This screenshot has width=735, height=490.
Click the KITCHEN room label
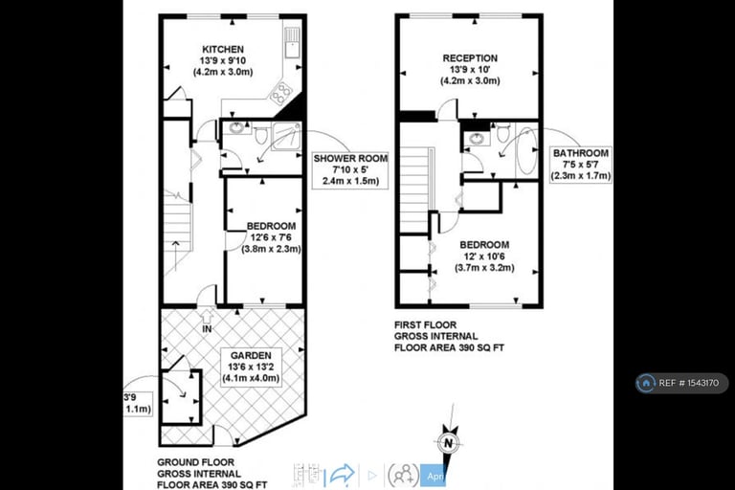tap(223, 50)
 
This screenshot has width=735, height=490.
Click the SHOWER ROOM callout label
tap(350, 160)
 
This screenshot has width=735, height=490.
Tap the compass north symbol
tap(446, 443)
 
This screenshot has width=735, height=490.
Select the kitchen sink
tap(292, 43)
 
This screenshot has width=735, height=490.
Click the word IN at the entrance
tap(207, 329)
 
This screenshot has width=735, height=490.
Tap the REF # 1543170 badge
tap(681, 383)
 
